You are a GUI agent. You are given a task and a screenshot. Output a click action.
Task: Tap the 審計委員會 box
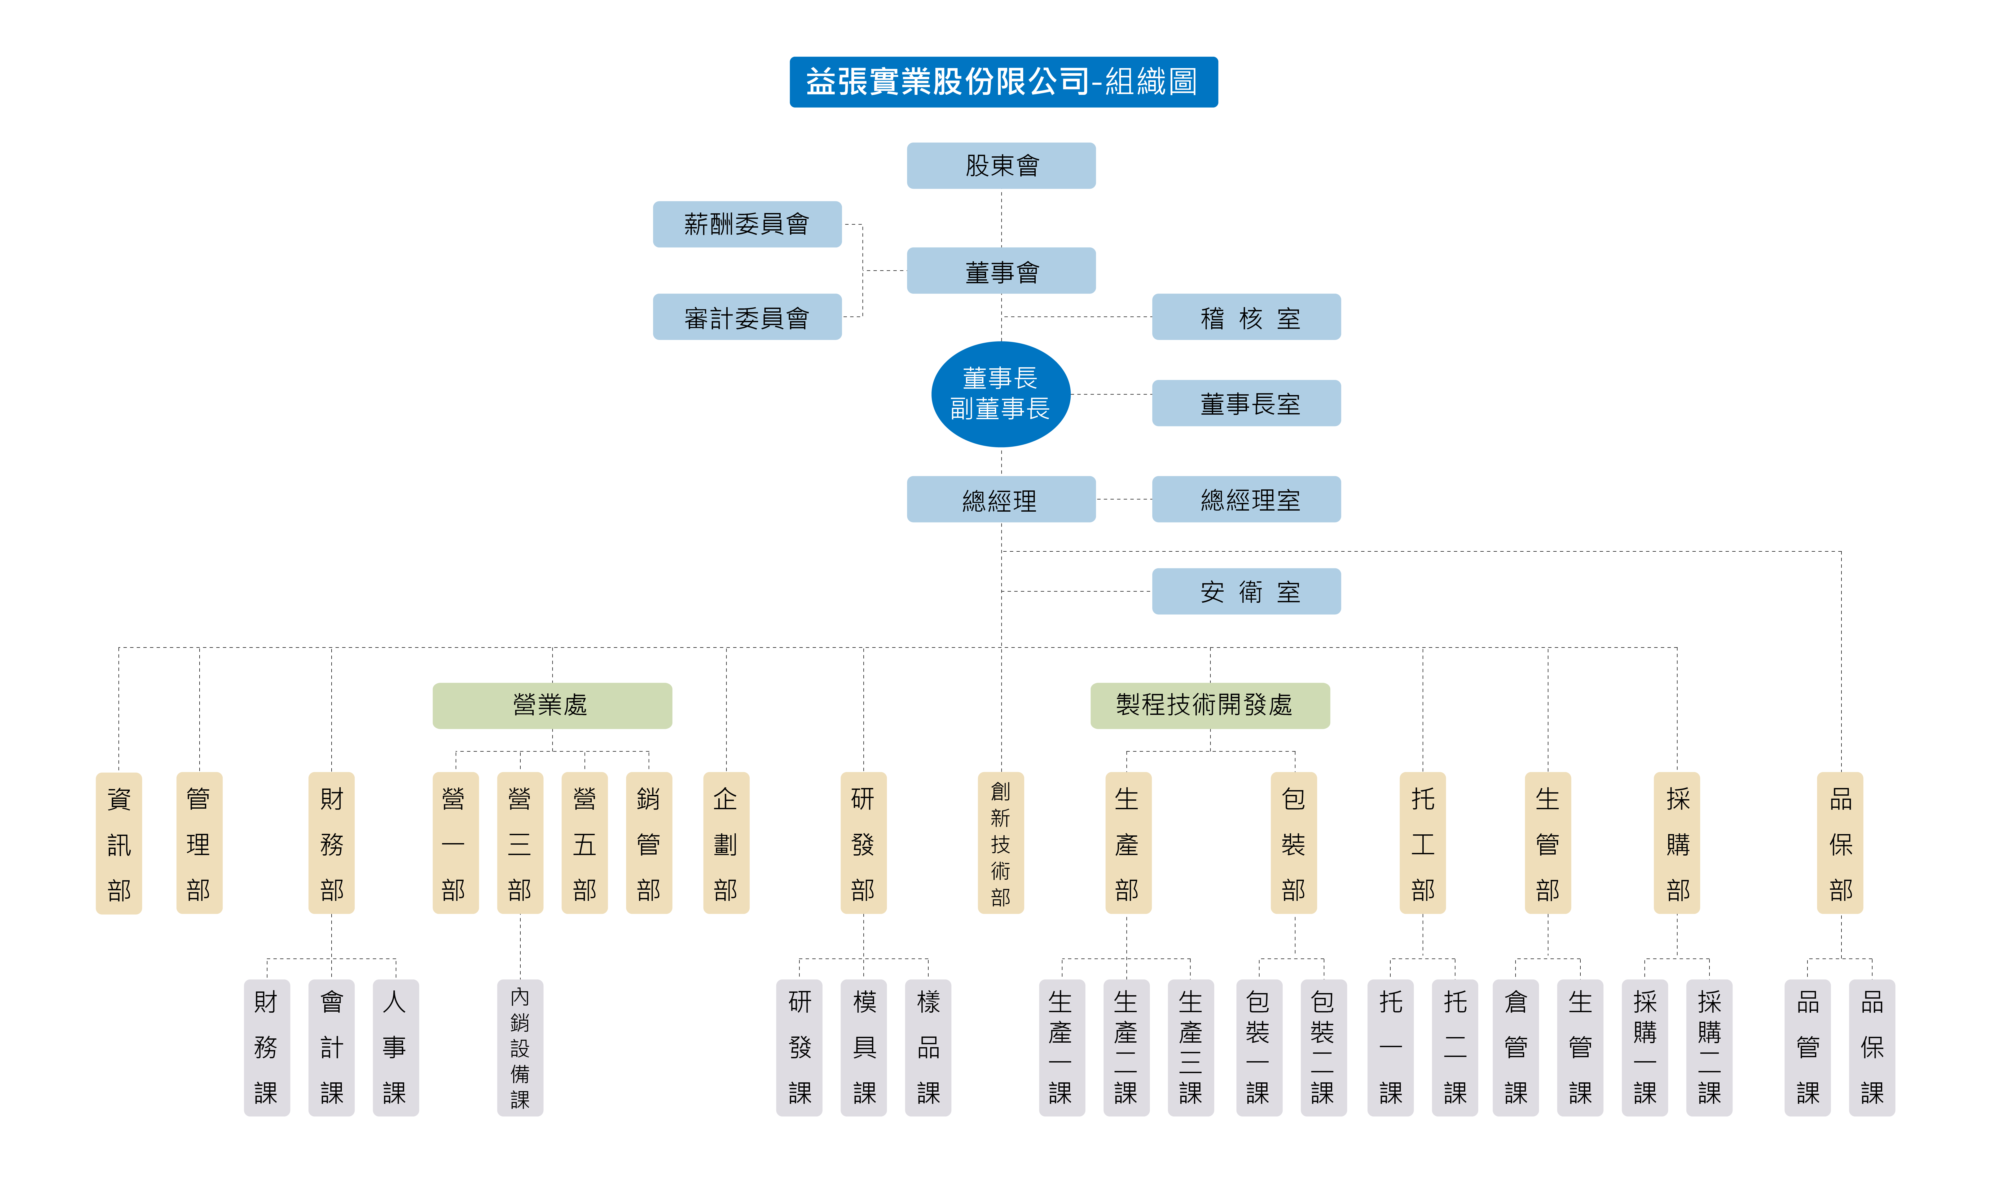point(747,317)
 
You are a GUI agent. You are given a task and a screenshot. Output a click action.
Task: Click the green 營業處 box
point(551,705)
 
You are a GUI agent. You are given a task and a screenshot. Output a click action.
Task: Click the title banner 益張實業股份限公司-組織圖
point(1003,81)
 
